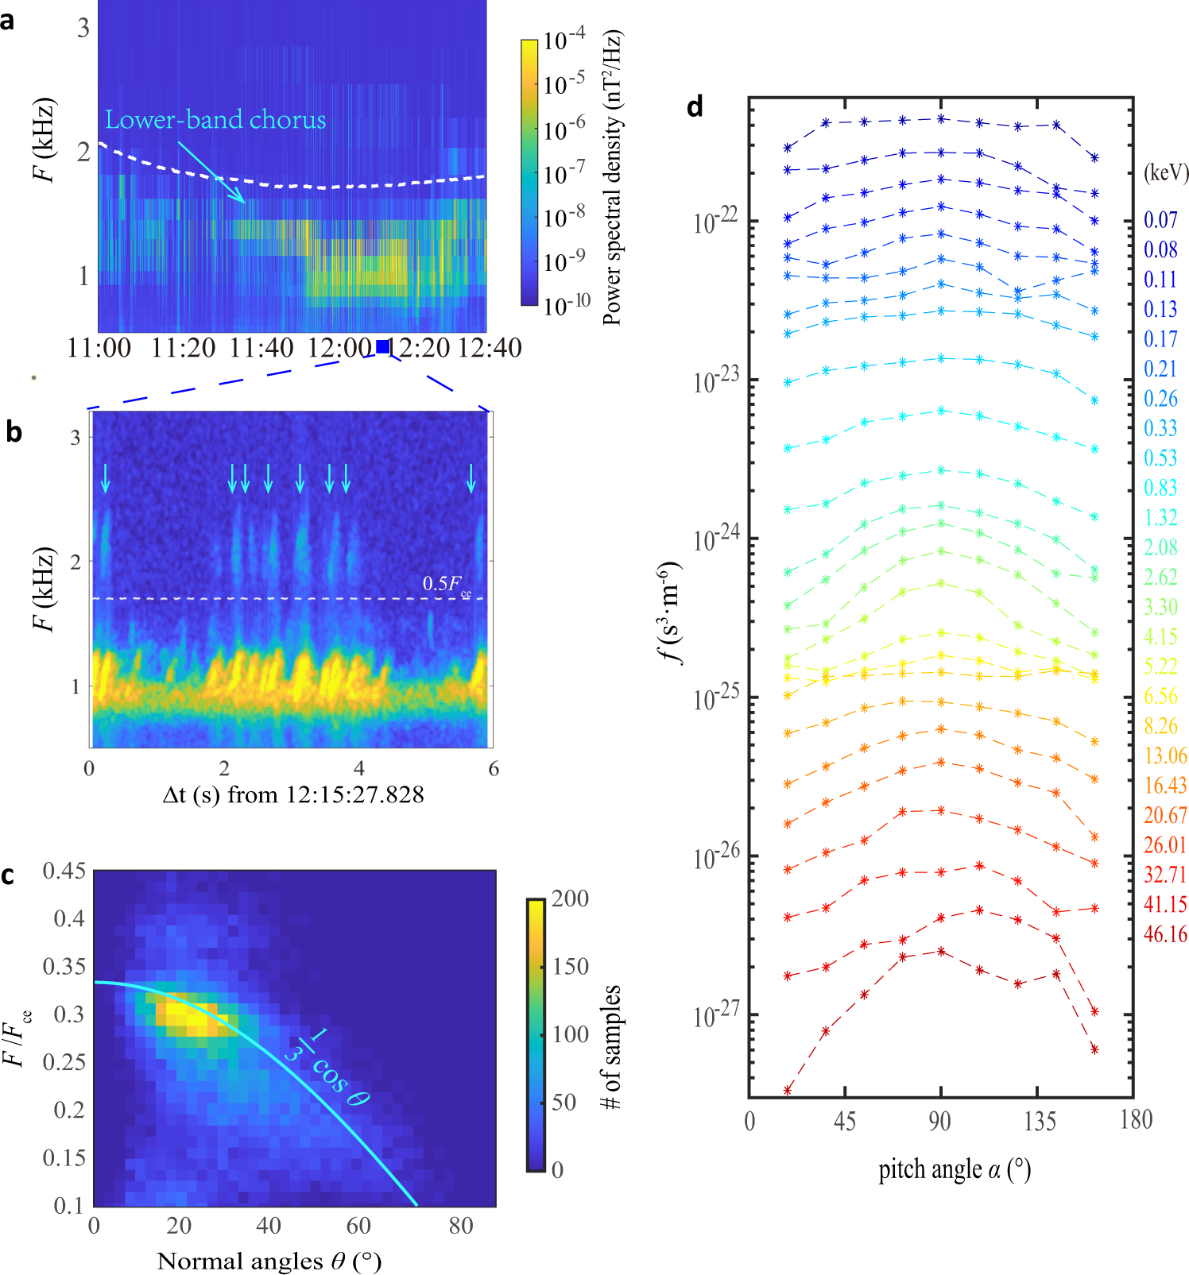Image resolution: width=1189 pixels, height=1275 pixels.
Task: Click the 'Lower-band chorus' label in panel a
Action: point(215,120)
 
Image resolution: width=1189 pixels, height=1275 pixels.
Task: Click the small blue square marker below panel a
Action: point(383,346)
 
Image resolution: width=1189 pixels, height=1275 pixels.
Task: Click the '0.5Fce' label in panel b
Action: point(446,585)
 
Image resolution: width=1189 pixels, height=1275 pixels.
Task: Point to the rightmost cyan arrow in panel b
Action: point(471,479)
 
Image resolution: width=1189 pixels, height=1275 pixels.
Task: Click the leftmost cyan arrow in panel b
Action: point(105,479)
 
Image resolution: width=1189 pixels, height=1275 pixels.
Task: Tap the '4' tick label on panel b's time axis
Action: point(359,768)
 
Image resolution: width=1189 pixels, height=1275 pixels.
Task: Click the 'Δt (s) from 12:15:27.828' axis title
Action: point(293,795)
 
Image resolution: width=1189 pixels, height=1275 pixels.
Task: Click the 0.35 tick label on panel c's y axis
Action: point(64,967)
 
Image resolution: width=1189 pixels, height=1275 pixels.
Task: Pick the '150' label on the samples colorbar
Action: point(570,967)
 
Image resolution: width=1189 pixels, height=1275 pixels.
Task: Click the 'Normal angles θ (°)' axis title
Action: point(269,1261)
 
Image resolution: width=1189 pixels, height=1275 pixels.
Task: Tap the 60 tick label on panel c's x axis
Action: point(358,1226)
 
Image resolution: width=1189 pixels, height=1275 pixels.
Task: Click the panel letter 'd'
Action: point(695,106)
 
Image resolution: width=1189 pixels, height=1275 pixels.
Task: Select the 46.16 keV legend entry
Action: point(1165,934)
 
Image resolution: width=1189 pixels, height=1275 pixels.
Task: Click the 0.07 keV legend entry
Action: point(1160,220)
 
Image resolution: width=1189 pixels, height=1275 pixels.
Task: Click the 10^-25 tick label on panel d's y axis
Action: point(716,698)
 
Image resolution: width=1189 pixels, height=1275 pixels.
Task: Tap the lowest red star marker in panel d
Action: point(788,1091)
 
